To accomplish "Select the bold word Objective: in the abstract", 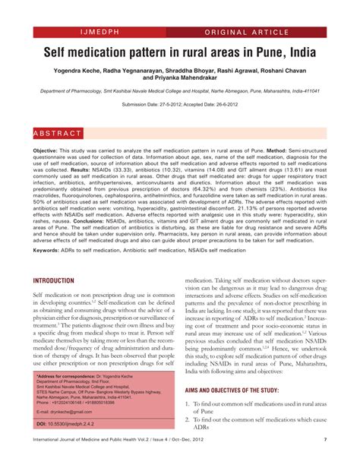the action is [51, 152].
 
